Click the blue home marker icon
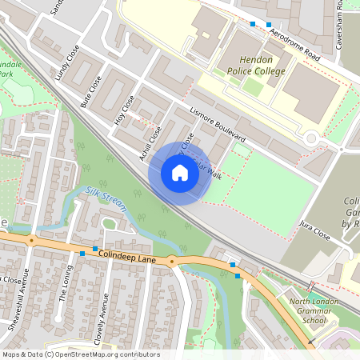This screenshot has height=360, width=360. pyautogui.click(x=180, y=173)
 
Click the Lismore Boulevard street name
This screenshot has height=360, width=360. pyautogui.click(x=218, y=126)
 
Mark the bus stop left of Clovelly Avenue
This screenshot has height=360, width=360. pyautogui.click(x=82, y=254)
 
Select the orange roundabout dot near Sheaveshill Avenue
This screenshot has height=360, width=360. pyautogui.click(x=32, y=240)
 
